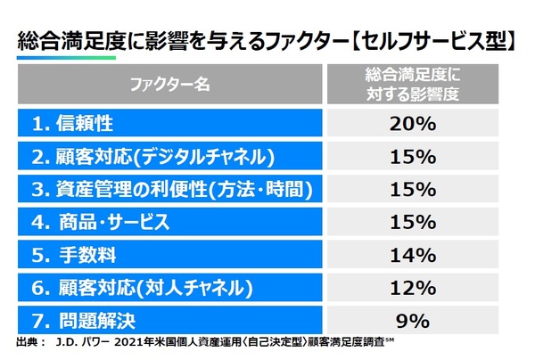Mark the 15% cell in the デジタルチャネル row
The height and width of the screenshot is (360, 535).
click(413, 157)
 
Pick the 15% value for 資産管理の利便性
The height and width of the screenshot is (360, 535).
click(413, 189)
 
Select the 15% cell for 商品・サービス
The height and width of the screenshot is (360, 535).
click(413, 221)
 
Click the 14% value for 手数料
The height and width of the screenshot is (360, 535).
click(413, 254)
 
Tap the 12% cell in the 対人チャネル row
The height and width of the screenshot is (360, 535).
click(413, 286)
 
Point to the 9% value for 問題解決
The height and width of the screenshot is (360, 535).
click(413, 318)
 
